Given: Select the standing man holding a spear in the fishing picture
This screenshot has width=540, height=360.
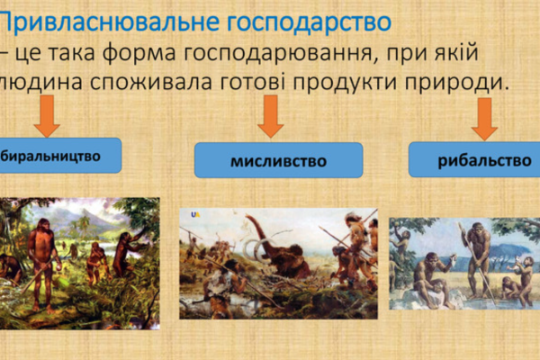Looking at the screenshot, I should click(x=479, y=256).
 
